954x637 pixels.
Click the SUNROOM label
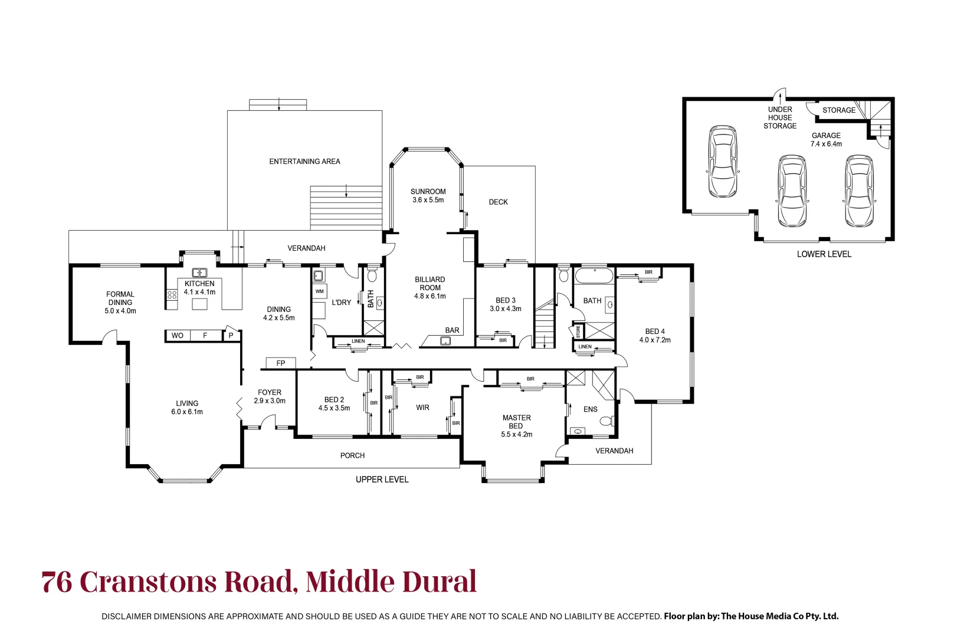tap(428, 196)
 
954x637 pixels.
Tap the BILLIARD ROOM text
tap(430, 287)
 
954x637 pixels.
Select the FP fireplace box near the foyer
tap(281, 363)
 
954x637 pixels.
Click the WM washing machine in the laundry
tap(320, 291)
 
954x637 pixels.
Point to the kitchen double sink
tap(199, 272)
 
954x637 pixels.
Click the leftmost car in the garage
tap(723, 161)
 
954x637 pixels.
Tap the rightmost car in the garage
tap(858, 191)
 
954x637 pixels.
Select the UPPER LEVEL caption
tap(382, 480)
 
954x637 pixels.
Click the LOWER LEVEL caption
tap(824, 254)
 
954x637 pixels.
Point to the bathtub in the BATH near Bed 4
tap(594, 277)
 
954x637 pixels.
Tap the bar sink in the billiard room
tap(446, 340)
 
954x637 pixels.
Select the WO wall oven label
tap(177, 336)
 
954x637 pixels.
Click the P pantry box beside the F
tap(231, 336)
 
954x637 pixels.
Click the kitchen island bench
tap(200, 304)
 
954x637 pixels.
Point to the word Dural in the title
tap(439, 582)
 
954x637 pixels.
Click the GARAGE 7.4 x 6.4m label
tap(825, 140)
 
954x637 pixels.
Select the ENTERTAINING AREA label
tap(304, 162)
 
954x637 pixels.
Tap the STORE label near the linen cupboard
tap(578, 331)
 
